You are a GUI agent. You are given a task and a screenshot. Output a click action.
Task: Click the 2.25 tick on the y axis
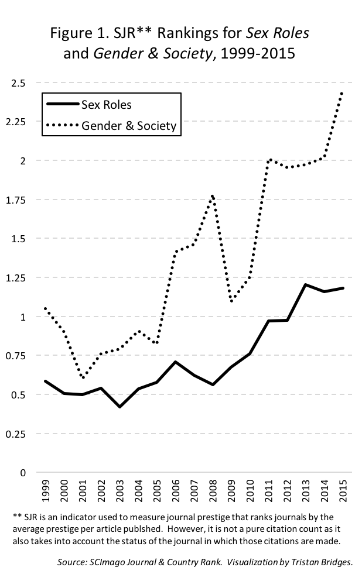pos(17,122)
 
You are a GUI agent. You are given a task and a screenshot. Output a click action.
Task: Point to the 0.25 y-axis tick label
pos(17,434)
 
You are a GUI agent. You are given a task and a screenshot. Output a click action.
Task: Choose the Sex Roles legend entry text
pos(106,105)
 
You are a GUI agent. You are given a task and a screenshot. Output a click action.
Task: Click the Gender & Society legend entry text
pos(128,125)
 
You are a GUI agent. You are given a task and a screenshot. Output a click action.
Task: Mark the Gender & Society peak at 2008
pos(213,195)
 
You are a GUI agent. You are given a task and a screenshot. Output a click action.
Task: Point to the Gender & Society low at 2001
pos(83,377)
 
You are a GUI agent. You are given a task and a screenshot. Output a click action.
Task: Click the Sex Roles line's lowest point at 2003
pos(120,407)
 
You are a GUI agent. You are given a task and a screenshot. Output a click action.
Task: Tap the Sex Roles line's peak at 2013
pos(305,284)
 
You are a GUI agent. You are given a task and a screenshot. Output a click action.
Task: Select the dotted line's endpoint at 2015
pos(342,92)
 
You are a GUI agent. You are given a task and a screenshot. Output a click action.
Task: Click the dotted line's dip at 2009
pos(231,301)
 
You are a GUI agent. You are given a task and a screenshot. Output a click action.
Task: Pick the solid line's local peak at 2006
pos(176,362)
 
